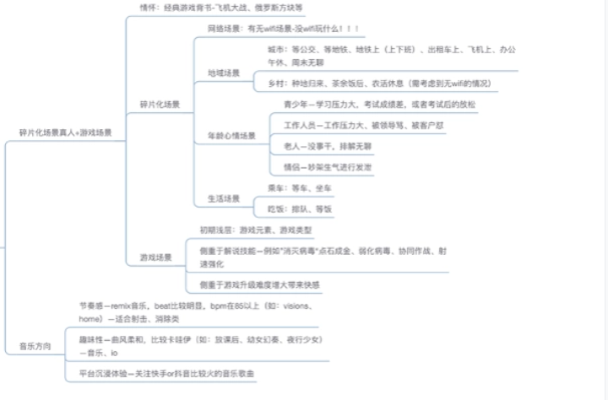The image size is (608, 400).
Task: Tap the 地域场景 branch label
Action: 224,73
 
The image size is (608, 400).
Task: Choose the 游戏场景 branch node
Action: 155,257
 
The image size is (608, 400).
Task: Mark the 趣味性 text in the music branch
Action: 91,339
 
